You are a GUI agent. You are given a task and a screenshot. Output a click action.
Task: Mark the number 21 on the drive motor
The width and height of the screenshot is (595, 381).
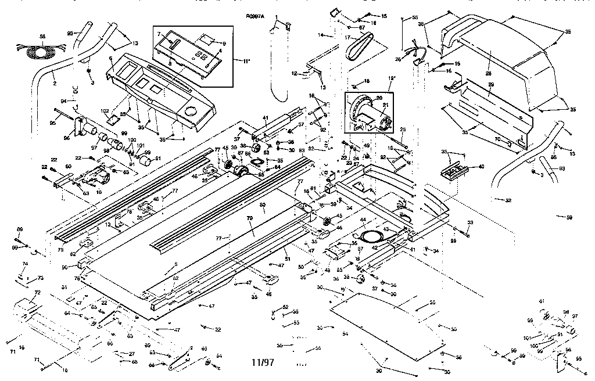pos(385,106)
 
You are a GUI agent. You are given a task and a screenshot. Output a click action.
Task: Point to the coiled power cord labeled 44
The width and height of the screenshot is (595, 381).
pos(370,235)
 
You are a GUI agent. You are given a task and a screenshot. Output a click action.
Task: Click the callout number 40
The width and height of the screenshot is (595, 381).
pos(481,166)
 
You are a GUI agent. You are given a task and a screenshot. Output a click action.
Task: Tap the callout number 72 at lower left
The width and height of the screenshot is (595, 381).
pos(37,292)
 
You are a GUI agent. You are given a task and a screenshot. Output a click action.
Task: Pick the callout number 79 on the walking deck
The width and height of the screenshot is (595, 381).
pos(251,218)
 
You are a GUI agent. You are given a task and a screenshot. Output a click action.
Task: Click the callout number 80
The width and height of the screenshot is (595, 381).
pos(262,205)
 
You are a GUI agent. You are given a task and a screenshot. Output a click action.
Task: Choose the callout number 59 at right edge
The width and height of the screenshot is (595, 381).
pos(569,217)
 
